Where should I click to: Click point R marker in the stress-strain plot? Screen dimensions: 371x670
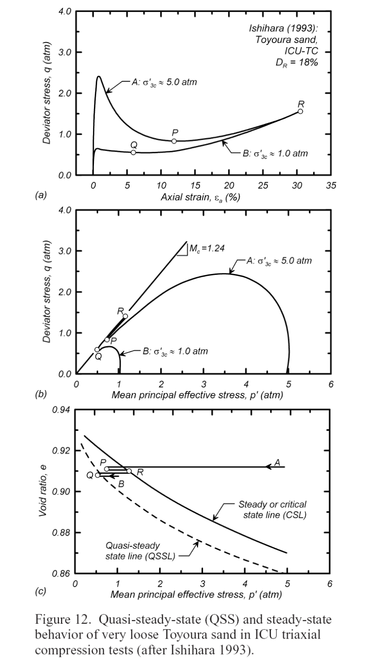coord(300,111)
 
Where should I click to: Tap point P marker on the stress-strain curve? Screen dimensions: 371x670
coord(174,141)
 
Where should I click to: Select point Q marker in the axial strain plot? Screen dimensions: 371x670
coord(133,152)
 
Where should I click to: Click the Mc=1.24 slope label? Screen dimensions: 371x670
coord(207,248)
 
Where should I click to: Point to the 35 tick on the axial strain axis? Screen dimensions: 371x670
coord(331,186)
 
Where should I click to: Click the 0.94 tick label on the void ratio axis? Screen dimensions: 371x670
coord(61,410)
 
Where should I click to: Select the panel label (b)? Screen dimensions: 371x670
coord(41,394)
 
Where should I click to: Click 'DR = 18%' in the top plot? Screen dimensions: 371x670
coord(297,63)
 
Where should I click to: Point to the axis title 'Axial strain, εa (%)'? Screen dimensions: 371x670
coord(200,198)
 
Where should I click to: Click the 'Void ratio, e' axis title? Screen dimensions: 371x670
coord(43,491)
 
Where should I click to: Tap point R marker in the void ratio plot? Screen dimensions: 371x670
coord(129,471)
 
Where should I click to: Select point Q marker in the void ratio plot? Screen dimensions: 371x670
coord(98,475)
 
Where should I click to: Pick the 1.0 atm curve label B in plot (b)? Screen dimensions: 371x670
coord(175,351)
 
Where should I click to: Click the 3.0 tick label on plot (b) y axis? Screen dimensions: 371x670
coord(65,251)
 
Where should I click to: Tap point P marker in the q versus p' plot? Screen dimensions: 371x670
coord(107,340)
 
